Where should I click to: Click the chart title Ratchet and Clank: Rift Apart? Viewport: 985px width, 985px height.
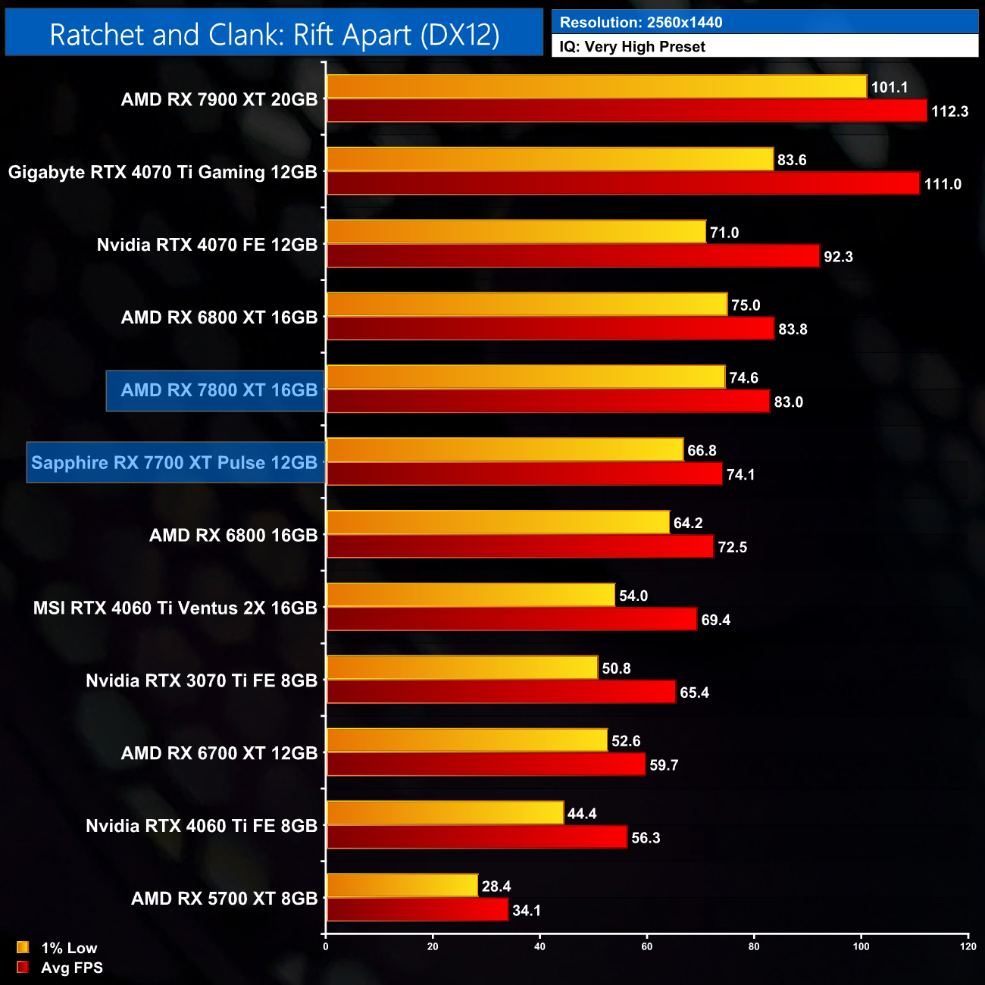pos(274,34)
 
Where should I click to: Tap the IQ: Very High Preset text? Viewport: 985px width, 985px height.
pos(632,47)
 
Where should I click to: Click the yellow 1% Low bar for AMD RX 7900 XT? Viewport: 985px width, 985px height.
pos(596,86)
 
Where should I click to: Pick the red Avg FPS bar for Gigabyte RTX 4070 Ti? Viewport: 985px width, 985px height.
pos(623,183)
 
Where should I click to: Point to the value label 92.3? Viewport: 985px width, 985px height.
pos(838,257)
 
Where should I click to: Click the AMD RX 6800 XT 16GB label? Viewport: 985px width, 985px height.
pos(219,317)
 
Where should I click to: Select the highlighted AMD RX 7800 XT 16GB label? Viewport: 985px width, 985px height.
pos(219,390)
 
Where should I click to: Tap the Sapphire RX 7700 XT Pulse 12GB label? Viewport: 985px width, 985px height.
pos(174,463)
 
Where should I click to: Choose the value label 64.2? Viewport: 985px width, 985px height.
pos(688,524)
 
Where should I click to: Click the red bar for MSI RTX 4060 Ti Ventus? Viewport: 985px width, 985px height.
pos(511,619)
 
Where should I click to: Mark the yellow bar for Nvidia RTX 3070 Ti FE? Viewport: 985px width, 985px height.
pos(462,668)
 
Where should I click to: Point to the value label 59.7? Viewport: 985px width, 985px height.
pos(664,765)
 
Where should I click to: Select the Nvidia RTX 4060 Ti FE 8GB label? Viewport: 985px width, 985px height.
pos(202,826)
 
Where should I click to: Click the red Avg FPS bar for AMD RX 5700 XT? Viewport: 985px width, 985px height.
pos(417,910)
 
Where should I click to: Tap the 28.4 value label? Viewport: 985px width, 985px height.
pos(496,886)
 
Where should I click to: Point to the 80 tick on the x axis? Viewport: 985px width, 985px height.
pos(754,946)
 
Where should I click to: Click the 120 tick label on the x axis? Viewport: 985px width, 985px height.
pos(968,946)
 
